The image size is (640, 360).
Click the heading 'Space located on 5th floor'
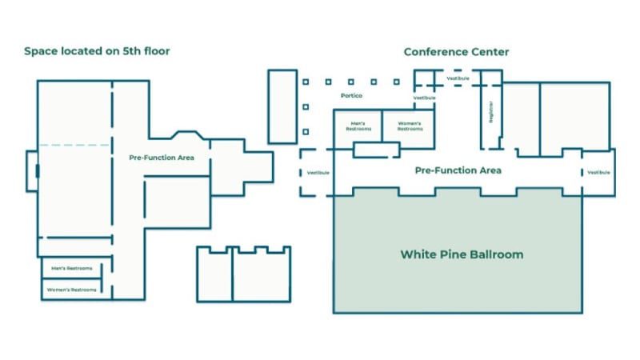(97, 52)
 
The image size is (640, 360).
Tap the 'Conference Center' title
(456, 52)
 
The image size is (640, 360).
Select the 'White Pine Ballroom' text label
(462, 254)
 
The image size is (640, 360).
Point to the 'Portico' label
(351, 96)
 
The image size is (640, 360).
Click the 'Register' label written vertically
(490, 112)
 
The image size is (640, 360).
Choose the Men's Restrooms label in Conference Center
(358, 126)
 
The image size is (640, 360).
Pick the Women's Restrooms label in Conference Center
(408, 126)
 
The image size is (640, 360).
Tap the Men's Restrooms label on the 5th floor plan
(71, 268)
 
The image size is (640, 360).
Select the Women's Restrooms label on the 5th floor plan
(72, 289)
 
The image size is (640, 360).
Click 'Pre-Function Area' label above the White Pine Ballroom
(458, 170)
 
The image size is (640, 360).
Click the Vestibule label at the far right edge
(598, 173)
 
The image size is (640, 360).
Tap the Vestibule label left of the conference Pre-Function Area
(318, 173)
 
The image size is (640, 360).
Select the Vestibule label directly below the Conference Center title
(458, 78)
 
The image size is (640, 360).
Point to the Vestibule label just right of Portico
(424, 98)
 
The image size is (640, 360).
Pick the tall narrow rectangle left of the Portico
(282, 106)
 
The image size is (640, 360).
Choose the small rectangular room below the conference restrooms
(376, 150)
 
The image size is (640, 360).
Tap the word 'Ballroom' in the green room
(496, 254)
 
